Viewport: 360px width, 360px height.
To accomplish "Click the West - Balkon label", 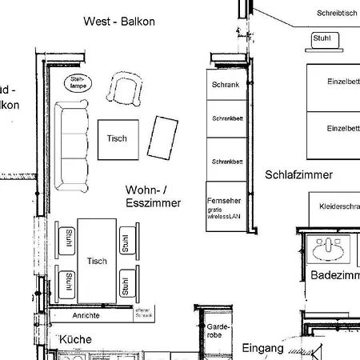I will [119, 21].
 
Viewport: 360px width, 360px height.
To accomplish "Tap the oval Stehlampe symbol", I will [78, 82].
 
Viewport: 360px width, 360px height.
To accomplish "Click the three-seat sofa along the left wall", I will [71, 145].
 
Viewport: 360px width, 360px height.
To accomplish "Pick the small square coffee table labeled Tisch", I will [118, 138].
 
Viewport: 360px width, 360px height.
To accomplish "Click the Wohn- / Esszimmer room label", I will [153, 197].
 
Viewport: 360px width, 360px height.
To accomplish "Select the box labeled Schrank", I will [226, 84].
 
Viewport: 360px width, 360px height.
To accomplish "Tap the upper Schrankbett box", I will [227, 118].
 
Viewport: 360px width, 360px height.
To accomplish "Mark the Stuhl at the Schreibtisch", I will [322, 38].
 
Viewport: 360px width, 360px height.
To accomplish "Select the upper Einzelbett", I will [333, 82].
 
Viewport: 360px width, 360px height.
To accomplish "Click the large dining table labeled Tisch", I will [97, 260].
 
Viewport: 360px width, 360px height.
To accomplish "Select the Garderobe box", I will [218, 331].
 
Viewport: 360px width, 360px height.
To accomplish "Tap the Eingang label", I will [262, 348].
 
